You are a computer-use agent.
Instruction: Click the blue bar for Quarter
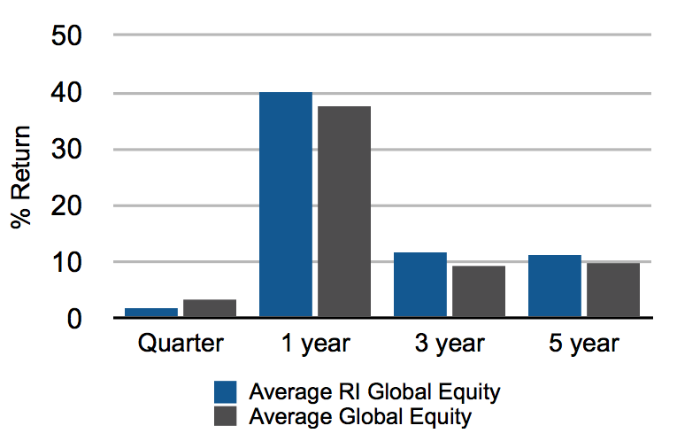[x=151, y=313]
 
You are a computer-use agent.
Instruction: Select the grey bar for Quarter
[x=210, y=308]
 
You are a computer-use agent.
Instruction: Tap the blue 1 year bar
[x=286, y=205]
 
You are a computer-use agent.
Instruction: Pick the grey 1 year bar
[x=344, y=212]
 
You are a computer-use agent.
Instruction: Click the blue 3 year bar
[x=420, y=285]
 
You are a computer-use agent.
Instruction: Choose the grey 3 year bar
[x=479, y=291]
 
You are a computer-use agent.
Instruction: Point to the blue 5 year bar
[x=555, y=286]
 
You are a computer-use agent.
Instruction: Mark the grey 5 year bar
[x=613, y=290]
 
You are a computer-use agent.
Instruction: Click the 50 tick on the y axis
[x=66, y=35]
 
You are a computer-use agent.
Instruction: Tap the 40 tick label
[x=66, y=93]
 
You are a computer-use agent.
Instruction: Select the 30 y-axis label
[x=66, y=150]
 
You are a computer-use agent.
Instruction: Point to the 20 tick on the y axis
[x=66, y=206]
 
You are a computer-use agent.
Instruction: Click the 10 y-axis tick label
[x=66, y=262]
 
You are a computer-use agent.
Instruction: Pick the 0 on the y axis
[x=74, y=319]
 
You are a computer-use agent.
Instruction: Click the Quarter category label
[x=181, y=344]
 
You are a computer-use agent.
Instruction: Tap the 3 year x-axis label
[x=450, y=344]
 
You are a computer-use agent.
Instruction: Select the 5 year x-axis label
[x=584, y=344]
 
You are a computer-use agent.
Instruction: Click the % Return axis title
[x=21, y=176]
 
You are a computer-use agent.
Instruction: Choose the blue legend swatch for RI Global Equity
[x=226, y=391]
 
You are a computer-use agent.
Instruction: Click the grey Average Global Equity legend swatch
[x=226, y=416]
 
